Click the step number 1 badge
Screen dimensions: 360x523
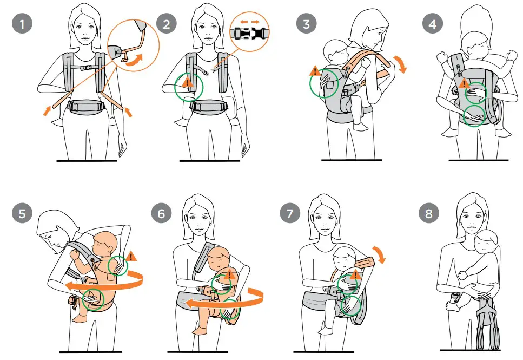click(22, 24)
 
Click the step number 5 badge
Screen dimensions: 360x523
click(22, 213)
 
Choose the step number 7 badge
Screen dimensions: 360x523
click(291, 213)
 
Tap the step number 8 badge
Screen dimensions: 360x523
click(429, 213)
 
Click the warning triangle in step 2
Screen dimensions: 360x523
click(187, 82)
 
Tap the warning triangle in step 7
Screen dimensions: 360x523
click(355, 276)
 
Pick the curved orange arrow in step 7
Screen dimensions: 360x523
click(382, 252)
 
